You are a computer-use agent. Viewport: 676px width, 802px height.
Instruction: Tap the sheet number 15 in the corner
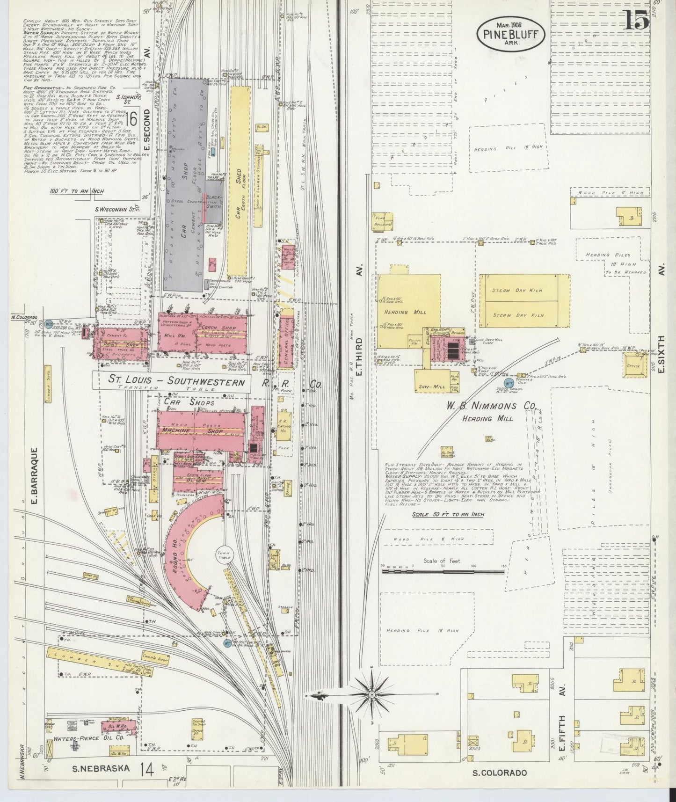[x=636, y=21]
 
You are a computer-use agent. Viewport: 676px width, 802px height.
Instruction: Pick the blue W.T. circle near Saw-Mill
[x=521, y=375]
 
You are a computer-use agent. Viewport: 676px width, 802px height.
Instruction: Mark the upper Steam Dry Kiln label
[x=523, y=290]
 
